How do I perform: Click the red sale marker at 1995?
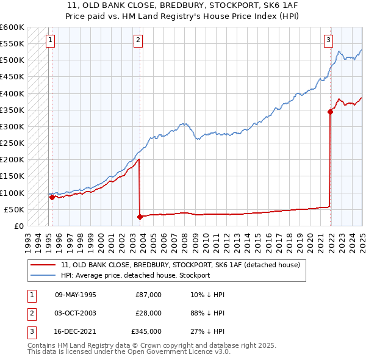52,197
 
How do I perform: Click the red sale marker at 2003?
140,217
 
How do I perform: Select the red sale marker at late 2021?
330,112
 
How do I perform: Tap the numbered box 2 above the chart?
138,40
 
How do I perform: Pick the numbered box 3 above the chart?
328,40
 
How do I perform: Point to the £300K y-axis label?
12,126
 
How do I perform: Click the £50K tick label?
14,209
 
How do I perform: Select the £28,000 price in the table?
148,313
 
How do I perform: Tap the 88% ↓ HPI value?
207,313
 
